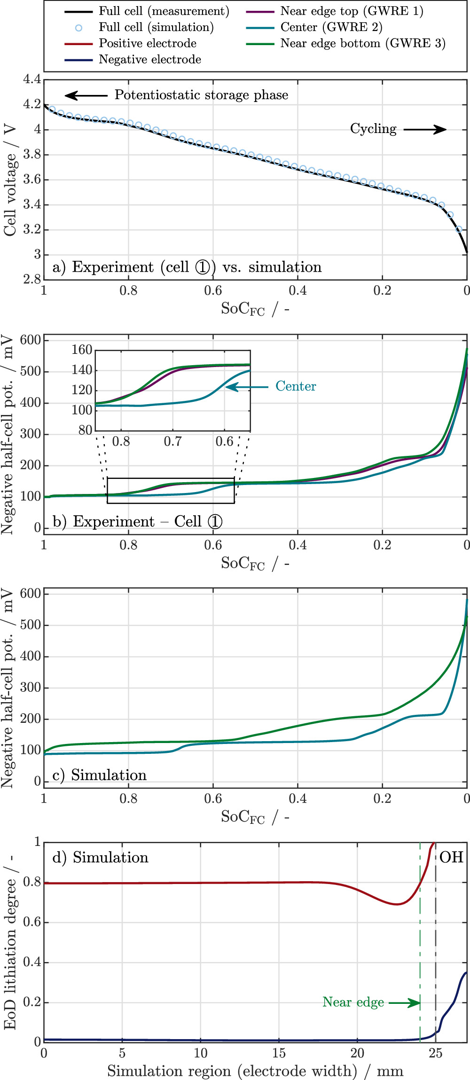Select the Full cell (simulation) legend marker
(78, 28)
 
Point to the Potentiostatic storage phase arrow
(86, 96)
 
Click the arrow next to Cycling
(425, 129)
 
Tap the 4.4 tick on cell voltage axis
(32, 79)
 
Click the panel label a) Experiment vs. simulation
(187, 267)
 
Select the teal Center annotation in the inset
(296, 386)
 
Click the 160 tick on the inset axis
(82, 350)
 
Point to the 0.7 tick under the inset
(172, 442)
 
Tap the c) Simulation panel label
(100, 775)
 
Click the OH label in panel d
(451, 857)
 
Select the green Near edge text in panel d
(353, 1002)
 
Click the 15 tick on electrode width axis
(279, 1053)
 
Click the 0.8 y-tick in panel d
(32, 882)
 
